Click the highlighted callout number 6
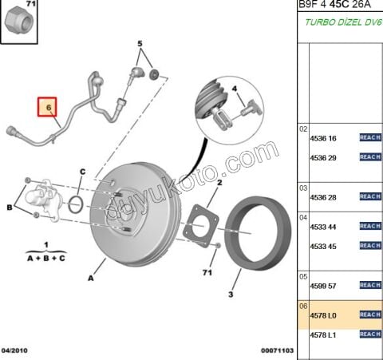pos(48,106)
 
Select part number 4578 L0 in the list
pos(323,315)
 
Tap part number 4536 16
pos(323,138)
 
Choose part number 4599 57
pos(323,285)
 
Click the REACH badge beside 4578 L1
pos(369,334)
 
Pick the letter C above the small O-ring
pos(81,172)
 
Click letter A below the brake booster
pos(90,279)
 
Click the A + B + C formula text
pos(45,259)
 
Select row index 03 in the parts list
pos(303,188)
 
